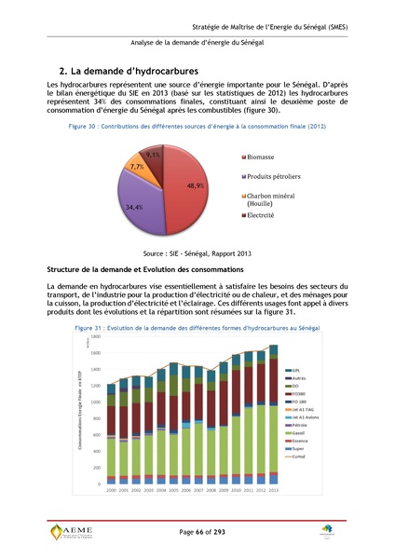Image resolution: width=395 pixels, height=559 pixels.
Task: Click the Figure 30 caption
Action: (197, 125)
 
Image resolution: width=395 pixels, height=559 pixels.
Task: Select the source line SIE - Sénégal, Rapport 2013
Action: (197, 251)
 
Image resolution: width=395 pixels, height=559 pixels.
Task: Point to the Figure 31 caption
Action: (197, 330)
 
